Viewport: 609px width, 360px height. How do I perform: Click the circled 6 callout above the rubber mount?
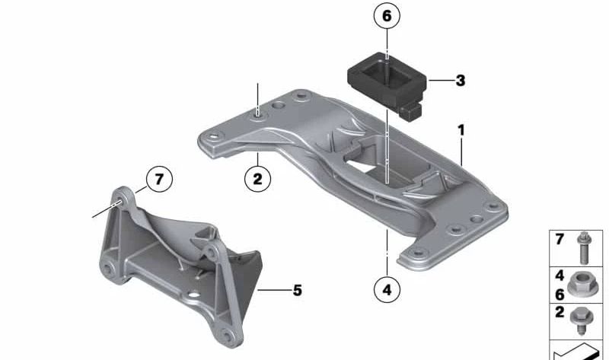tap(386, 16)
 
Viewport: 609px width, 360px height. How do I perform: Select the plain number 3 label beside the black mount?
tap(460, 79)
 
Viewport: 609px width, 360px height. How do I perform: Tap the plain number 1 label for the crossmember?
tap(461, 131)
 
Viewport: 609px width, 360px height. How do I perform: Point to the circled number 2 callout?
tap(257, 180)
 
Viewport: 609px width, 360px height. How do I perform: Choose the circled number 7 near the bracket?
tap(158, 180)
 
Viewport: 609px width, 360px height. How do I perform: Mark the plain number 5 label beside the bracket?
tap(297, 290)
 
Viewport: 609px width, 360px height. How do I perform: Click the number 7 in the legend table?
tap(559, 240)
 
